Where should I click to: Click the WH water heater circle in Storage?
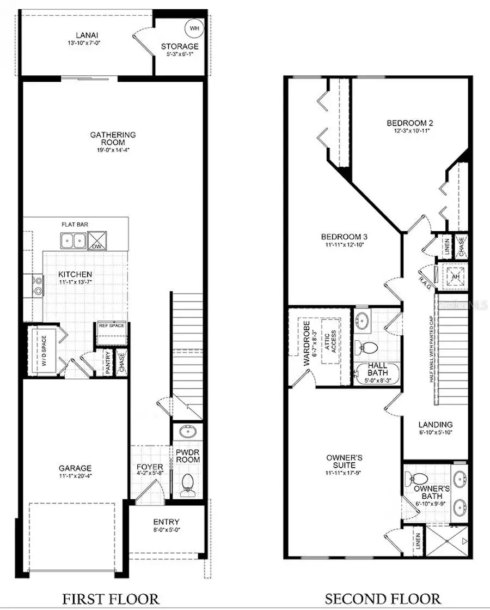point(194,27)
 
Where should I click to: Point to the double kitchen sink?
point(73,240)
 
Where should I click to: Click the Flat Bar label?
point(75,224)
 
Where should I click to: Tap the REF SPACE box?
point(112,326)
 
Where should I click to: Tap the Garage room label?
point(75,468)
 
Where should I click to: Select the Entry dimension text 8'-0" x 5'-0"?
point(166,530)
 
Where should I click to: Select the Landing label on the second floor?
point(435,424)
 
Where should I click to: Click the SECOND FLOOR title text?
point(383,599)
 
